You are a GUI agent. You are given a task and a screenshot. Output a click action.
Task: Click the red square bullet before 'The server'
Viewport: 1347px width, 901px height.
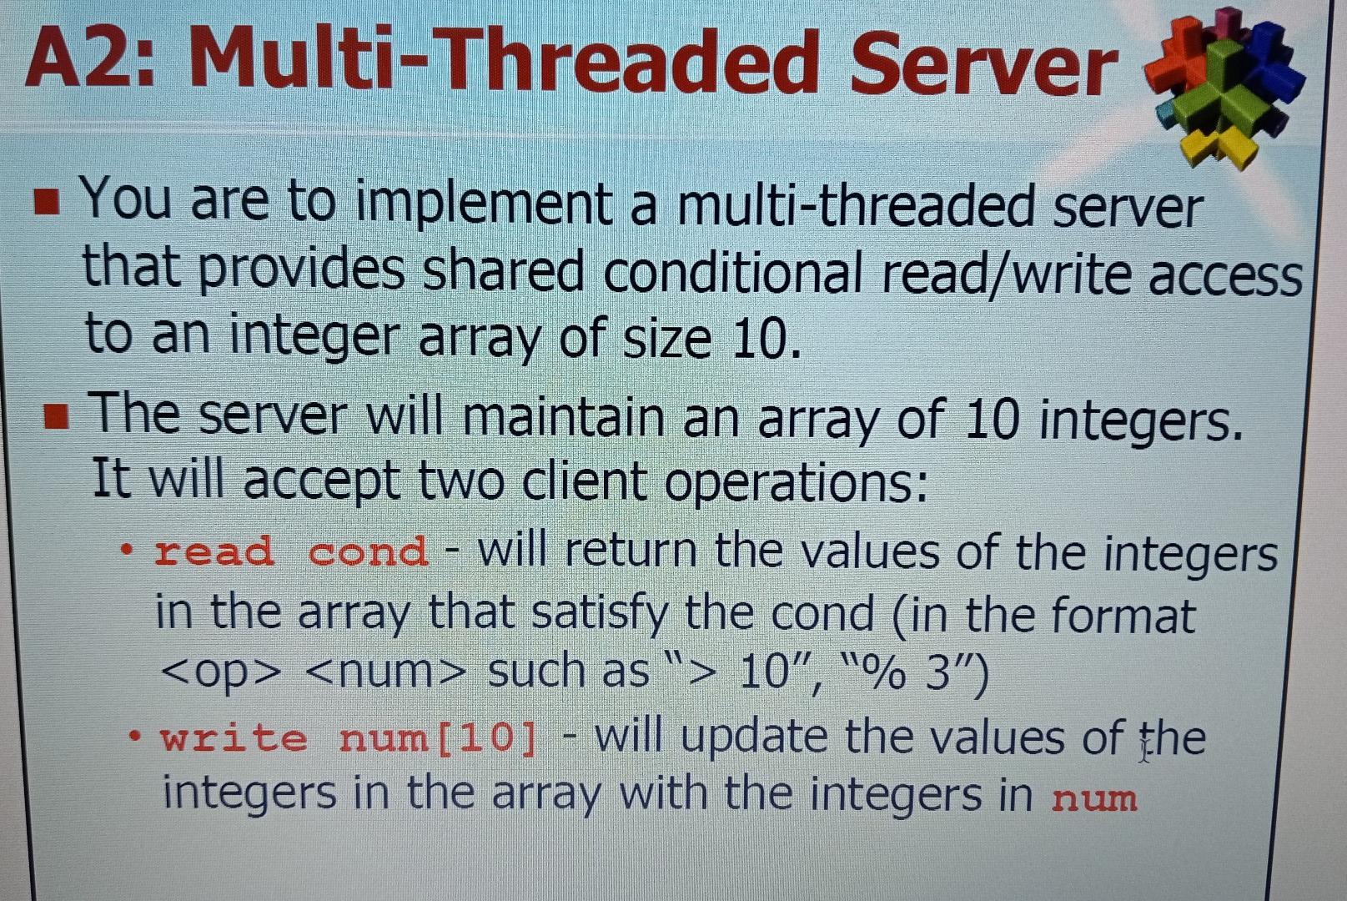56,415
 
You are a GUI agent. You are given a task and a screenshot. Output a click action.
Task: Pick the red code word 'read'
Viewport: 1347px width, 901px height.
214,551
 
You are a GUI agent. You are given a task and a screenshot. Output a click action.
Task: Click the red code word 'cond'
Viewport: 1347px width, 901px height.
368,551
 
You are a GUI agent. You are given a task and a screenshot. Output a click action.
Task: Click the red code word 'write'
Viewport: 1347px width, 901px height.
234,738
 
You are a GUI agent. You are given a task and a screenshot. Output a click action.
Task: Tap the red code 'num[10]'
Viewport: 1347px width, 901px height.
438,738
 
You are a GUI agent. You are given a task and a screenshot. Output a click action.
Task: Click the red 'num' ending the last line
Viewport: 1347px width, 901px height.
1093,798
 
